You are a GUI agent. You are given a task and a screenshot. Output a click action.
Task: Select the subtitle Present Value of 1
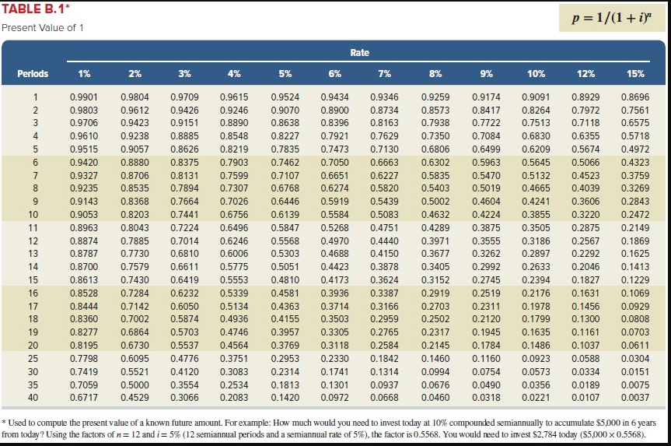44,28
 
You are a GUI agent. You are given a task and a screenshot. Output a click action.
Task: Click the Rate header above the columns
359,53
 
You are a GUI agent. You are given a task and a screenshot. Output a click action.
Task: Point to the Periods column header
33,74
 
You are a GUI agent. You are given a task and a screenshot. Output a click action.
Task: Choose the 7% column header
385,74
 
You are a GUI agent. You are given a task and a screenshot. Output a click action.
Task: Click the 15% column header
635,74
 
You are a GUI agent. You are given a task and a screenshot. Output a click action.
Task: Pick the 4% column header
234,74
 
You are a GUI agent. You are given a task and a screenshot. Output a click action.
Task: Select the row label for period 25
33,358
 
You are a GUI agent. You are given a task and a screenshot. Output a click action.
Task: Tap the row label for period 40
33,398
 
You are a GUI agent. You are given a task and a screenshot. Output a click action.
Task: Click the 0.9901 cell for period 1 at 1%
84,97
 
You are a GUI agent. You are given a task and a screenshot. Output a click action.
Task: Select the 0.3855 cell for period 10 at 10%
536,214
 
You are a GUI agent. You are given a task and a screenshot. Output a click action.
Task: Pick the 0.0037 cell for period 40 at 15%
635,398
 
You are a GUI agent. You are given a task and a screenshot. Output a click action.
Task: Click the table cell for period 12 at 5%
285,241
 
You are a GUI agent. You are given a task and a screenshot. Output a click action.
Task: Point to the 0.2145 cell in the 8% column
435,345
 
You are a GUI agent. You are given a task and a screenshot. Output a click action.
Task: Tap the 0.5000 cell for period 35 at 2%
134,385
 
